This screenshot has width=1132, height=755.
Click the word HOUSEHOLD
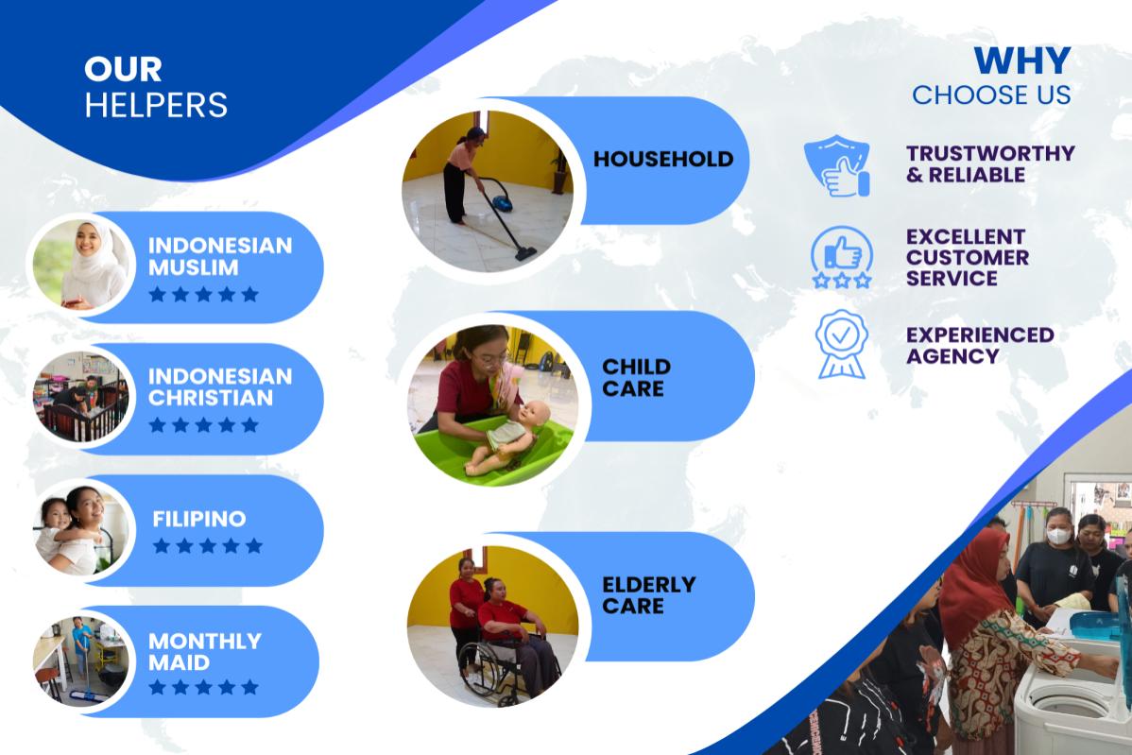(662, 159)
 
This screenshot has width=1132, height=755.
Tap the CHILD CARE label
(636, 378)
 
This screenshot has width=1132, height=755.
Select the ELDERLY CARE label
(648, 594)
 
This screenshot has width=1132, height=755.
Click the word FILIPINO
(199, 518)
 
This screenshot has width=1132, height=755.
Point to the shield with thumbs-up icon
(837, 165)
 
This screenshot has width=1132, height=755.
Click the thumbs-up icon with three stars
(842, 258)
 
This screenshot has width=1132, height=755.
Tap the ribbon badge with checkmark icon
(842, 344)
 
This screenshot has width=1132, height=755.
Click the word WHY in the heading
(1022, 60)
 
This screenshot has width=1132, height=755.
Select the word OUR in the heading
(123, 69)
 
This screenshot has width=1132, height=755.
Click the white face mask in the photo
(1058, 536)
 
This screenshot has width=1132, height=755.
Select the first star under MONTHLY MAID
(158, 687)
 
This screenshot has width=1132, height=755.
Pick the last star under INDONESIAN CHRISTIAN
(249, 424)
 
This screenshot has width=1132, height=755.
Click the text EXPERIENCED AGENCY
(980, 345)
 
